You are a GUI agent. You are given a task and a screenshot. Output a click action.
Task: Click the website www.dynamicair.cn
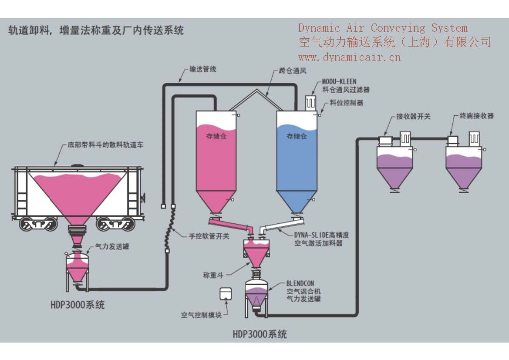pos(349,57)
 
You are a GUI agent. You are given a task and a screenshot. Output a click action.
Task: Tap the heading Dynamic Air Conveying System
pos(383,28)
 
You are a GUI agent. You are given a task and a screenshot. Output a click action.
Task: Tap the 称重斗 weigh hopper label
pos(213,275)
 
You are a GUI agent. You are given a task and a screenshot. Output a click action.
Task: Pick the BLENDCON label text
pos(300,283)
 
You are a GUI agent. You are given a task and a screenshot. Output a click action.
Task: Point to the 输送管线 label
pos(202,69)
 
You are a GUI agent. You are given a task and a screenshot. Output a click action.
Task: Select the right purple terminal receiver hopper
pos(464,168)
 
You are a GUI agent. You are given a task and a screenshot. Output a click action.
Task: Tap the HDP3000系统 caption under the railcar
pos(77,305)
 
